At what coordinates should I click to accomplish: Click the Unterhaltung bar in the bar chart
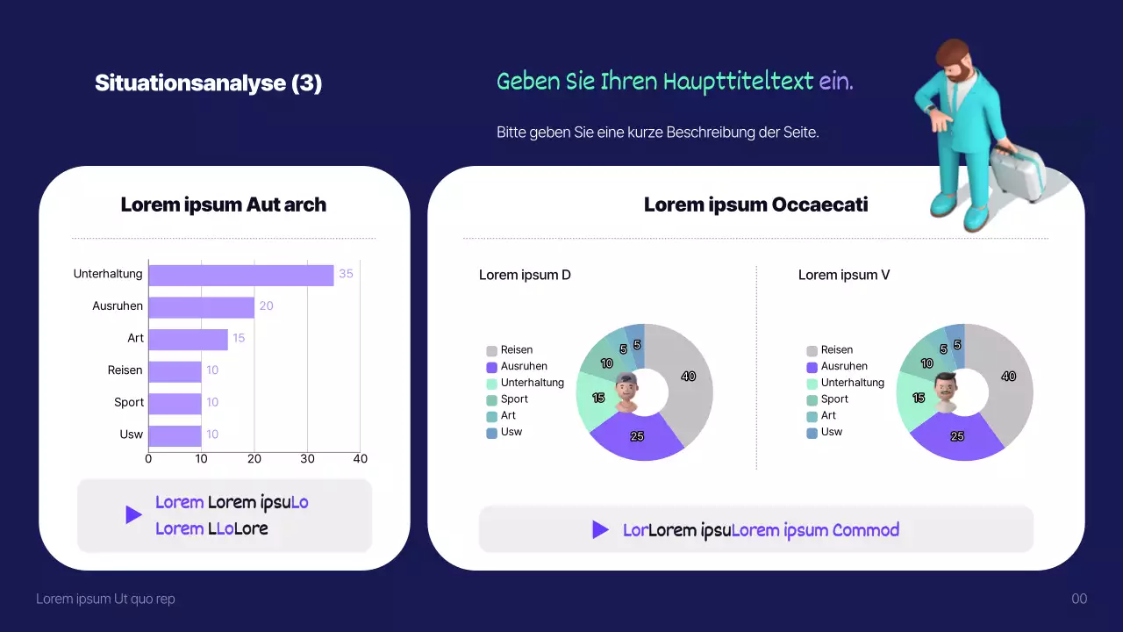point(241,275)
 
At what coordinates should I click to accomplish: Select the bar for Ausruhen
point(202,307)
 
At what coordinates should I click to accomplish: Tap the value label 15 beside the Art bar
point(239,338)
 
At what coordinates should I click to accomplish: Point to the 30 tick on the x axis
point(307,459)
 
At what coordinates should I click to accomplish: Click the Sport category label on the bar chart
point(129,402)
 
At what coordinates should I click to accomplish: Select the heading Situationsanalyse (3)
point(208,83)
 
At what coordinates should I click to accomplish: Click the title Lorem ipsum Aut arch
point(223,205)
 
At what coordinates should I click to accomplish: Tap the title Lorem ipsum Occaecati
point(755,205)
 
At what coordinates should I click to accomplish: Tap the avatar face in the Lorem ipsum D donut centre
point(626,391)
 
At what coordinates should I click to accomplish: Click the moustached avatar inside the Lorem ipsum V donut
point(946,391)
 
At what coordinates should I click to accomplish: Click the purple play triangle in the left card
point(132,514)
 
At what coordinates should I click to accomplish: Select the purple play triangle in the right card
point(600,529)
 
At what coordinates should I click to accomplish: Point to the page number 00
point(1079,599)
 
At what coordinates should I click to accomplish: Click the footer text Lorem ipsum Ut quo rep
point(105,599)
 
